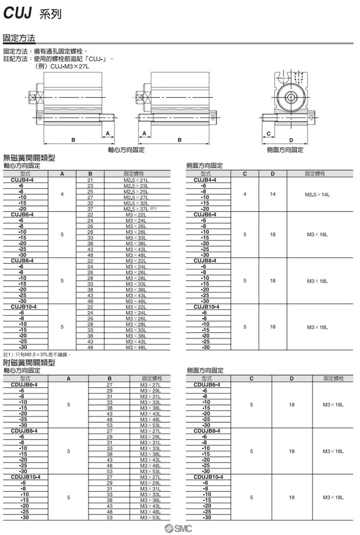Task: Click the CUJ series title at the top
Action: click(33, 14)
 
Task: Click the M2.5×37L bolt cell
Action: click(136, 209)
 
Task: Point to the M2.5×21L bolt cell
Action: click(136, 180)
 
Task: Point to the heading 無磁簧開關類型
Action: click(29, 158)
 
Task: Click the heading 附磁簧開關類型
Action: click(29, 363)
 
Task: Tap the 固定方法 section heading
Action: click(19, 37)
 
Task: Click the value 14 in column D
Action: click(272, 195)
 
